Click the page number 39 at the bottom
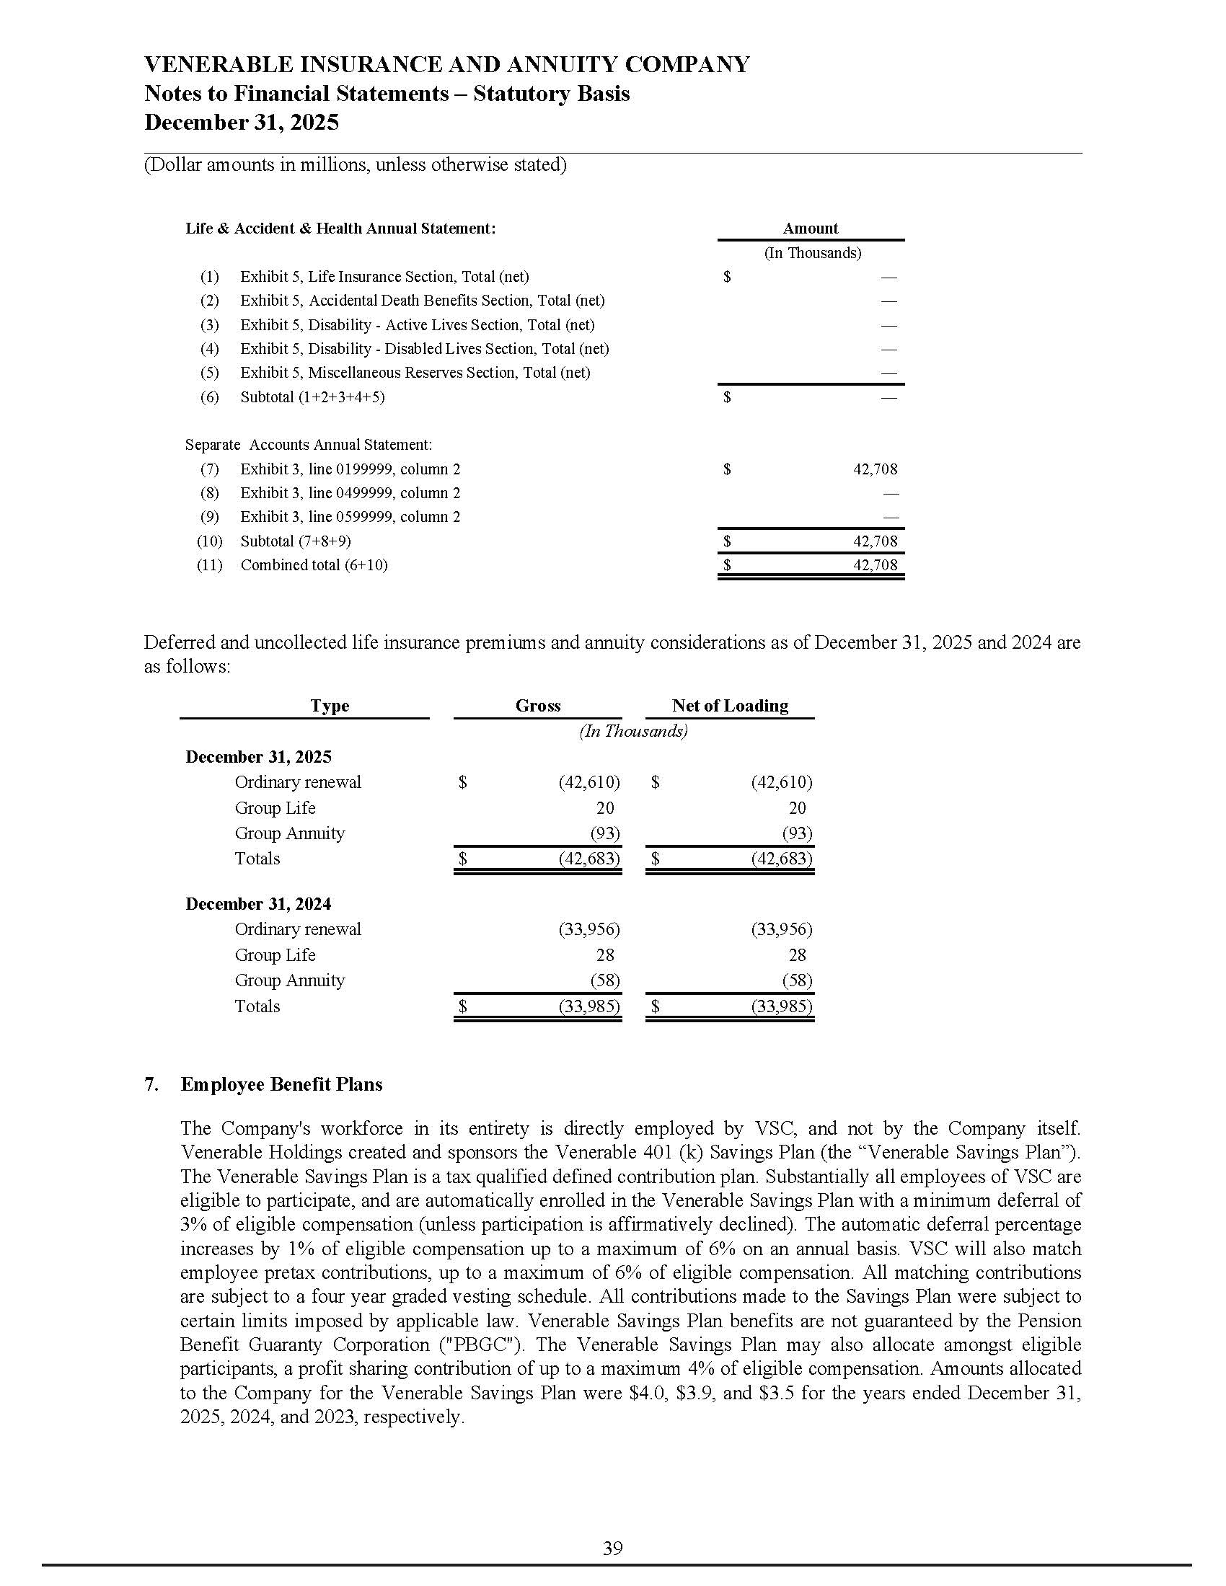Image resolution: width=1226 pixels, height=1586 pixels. [612, 1549]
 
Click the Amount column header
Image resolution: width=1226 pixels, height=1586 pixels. [810, 228]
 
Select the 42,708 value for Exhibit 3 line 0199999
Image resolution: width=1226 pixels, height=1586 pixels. [875, 469]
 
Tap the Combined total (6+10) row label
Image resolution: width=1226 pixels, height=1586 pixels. [314, 565]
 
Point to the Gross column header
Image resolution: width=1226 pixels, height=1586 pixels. [537, 705]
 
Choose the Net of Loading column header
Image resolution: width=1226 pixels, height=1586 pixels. [729, 705]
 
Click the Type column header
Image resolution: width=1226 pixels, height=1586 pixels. [330, 706]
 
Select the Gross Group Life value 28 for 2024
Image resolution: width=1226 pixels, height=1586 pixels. [604, 955]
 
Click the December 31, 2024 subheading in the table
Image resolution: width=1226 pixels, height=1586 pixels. [258, 903]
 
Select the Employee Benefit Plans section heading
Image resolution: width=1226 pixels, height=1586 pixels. [281, 1084]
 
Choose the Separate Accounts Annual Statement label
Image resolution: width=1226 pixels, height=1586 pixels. [308, 444]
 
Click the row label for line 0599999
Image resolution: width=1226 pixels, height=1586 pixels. [350, 517]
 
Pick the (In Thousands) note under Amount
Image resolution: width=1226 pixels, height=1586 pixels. [812, 253]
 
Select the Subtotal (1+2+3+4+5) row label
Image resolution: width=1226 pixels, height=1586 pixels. [312, 397]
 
